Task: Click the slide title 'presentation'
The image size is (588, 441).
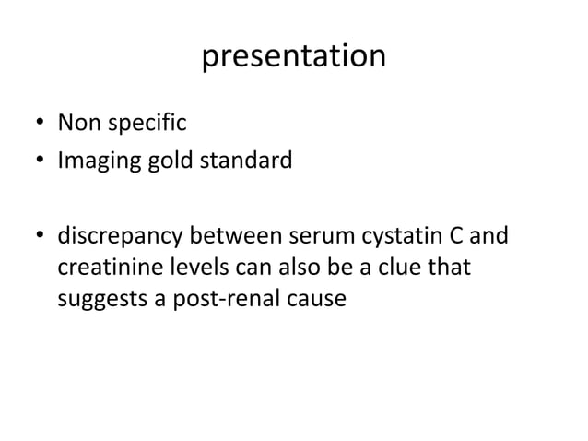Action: click(293, 57)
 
